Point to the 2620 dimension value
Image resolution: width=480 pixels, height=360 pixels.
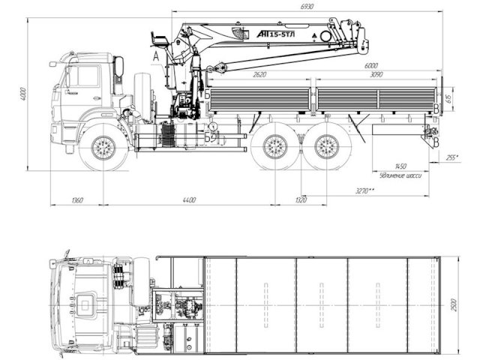point(261,75)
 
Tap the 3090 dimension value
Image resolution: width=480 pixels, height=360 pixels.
point(373,75)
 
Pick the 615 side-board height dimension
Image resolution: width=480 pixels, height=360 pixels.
point(448,97)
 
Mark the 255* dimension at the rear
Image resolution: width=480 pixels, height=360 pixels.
point(452,158)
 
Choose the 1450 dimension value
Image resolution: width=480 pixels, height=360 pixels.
point(400,166)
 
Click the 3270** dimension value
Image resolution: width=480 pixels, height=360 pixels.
point(366,192)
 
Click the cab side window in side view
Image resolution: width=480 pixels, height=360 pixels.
point(84,76)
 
